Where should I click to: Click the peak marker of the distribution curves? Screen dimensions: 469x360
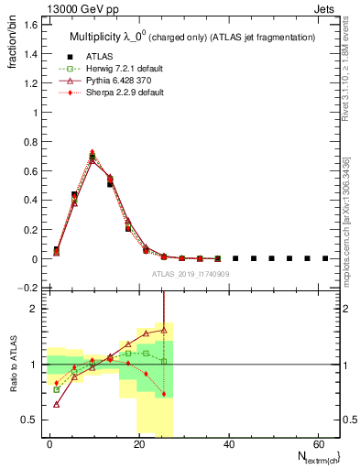[93, 155]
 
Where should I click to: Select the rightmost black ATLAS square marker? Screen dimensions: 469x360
[325, 258]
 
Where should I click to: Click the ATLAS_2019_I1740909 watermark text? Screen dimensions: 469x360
[191, 275]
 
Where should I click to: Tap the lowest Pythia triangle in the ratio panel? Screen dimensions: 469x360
[57, 403]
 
